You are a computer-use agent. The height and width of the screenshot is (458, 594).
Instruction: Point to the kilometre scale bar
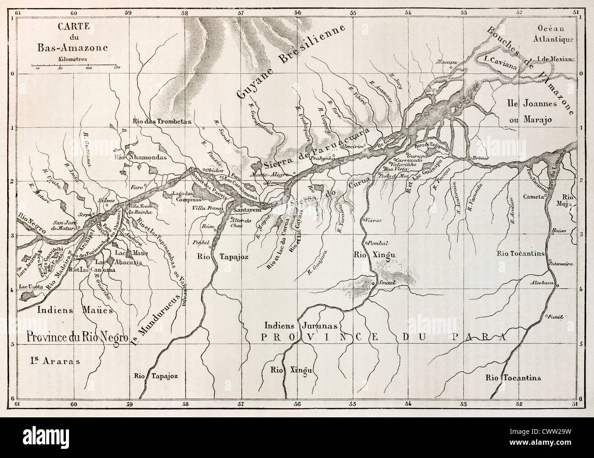[x=75, y=66]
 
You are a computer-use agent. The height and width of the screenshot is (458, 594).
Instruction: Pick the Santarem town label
[x=246, y=211]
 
